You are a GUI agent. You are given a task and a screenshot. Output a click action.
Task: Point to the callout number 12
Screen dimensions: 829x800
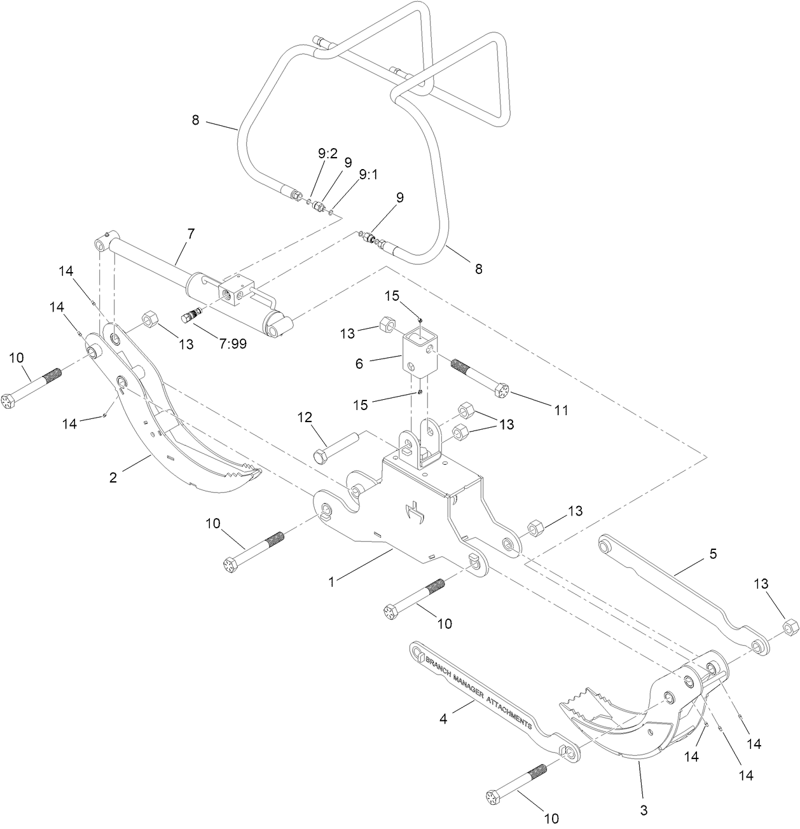pyautogui.click(x=305, y=417)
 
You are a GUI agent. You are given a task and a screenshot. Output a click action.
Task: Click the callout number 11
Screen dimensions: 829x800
pyautogui.click(x=560, y=411)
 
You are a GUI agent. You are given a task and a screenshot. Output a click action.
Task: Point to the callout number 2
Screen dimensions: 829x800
pyautogui.click(x=113, y=477)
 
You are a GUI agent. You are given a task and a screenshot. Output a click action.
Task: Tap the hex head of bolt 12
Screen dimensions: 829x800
pyautogui.click(x=320, y=457)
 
